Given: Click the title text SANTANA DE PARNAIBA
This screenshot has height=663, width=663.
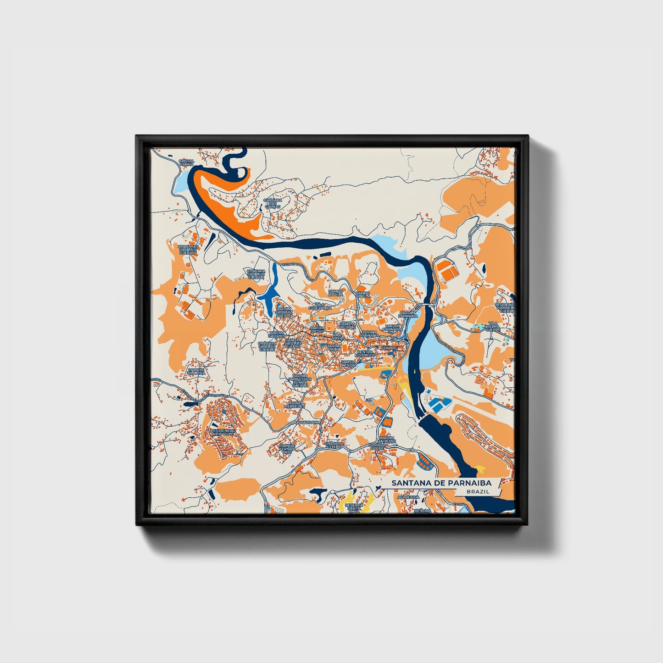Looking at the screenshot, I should click(x=440, y=483).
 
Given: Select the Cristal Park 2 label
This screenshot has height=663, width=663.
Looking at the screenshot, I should click(x=186, y=163).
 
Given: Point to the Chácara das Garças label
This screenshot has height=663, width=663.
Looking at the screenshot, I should click(x=272, y=203).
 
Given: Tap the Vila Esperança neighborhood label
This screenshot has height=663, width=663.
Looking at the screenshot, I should click(x=320, y=306).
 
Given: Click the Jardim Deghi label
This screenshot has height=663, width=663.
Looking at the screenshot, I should click(x=317, y=330).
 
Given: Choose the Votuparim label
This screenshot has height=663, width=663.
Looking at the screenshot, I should click(x=308, y=422).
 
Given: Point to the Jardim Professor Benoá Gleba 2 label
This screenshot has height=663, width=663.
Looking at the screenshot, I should click(x=300, y=381).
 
